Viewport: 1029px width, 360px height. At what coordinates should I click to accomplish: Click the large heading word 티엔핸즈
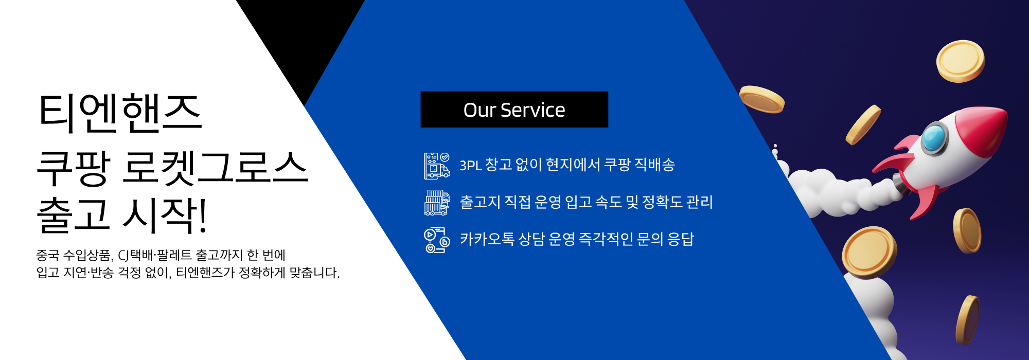tap(120, 113)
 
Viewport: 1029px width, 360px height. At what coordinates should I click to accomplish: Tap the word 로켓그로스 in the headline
tap(215, 168)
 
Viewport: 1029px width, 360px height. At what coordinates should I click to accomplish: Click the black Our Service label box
tap(514, 110)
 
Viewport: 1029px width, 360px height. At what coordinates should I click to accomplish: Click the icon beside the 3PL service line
tap(437, 166)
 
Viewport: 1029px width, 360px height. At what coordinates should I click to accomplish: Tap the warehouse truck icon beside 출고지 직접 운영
tap(437, 202)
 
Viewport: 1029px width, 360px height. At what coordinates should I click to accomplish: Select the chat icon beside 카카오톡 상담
tap(437, 240)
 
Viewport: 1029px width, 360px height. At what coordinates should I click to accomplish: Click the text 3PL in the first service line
tap(470, 166)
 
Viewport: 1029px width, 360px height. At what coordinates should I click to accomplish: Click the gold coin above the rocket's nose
tap(961, 61)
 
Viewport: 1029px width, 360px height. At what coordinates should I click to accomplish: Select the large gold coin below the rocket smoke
tap(870, 253)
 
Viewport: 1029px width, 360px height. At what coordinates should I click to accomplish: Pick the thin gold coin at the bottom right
tap(968, 320)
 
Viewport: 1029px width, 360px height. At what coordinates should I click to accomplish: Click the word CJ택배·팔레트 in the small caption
tap(155, 255)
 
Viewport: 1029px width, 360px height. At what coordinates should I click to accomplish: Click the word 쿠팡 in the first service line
tap(617, 165)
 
